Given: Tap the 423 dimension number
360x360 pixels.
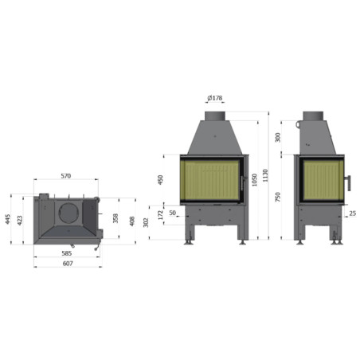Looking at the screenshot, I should coord(21,219).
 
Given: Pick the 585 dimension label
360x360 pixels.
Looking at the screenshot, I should coord(67,253).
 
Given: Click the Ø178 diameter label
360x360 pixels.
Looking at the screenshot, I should coord(214,98).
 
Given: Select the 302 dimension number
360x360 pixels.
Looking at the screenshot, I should coord(146,221).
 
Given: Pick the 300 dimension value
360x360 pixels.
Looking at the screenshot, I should coord(277,138).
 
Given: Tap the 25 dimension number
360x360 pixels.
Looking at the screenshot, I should coord(351,236).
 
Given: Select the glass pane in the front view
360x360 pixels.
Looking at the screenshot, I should coord(209,179).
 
